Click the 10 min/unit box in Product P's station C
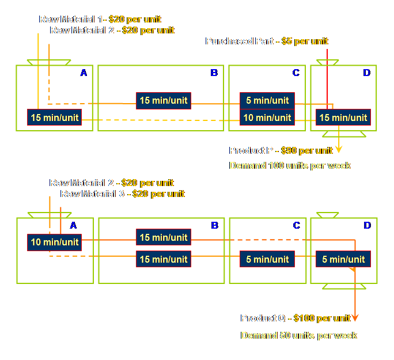click(x=267, y=118)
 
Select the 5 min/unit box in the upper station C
click(x=267, y=100)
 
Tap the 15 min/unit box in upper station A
click(x=55, y=118)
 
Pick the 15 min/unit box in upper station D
click(x=343, y=118)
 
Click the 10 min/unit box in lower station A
click(x=55, y=242)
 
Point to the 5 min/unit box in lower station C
click(x=267, y=259)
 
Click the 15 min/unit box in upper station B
click(x=164, y=100)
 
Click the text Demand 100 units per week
click(x=290, y=165)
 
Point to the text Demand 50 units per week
click(x=298, y=335)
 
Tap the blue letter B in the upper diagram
click(x=214, y=73)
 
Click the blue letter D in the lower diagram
click(x=367, y=225)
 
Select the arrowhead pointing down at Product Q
click(x=355, y=317)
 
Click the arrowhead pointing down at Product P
click(x=339, y=149)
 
